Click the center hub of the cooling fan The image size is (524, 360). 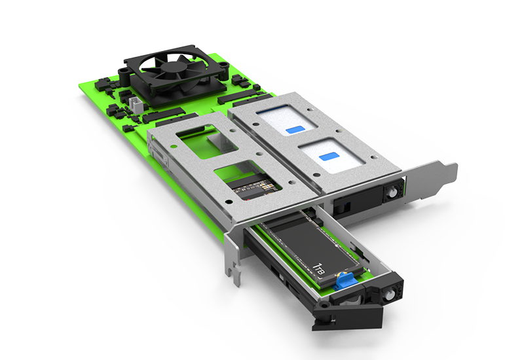[x=174, y=67]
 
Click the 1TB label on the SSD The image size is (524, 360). [x=319, y=268]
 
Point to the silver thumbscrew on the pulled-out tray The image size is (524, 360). [x=388, y=295]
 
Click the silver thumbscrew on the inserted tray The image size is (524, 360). [x=391, y=192]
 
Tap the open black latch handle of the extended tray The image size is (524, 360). [x=348, y=316]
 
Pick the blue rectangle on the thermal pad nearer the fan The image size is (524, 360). [x=295, y=130]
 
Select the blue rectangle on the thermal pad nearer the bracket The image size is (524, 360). [x=329, y=156]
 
